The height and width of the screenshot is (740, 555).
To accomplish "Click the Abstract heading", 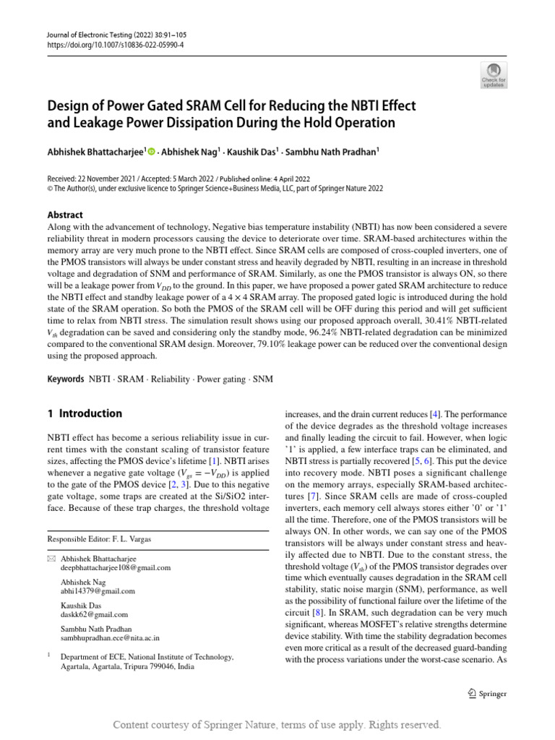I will point(65,215).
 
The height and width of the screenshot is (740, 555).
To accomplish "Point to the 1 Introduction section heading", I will point(85,413).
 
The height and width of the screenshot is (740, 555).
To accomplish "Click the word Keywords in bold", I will point(66,379).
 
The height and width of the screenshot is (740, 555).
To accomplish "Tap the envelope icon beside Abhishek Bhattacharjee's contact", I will point(51,559).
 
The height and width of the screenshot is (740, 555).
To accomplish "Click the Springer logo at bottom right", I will point(487,694).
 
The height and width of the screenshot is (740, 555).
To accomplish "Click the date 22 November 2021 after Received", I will point(111,178).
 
